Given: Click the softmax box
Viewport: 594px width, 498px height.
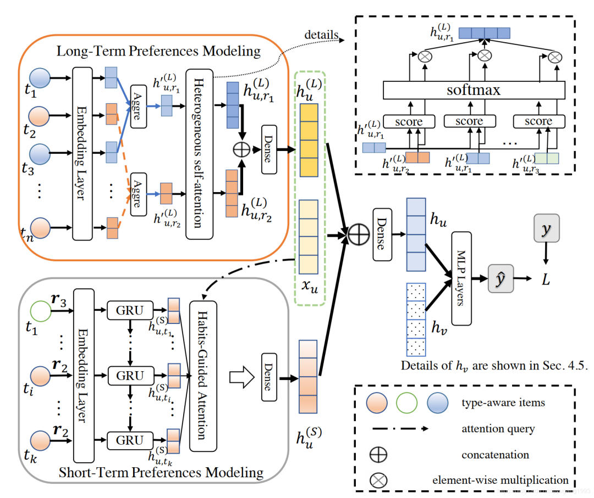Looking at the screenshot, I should (474, 89).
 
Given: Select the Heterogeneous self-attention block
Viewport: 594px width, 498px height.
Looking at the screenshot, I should (199, 154).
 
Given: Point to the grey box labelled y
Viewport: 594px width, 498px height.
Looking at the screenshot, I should (546, 227).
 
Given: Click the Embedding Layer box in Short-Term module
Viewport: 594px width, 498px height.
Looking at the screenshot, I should (82, 375).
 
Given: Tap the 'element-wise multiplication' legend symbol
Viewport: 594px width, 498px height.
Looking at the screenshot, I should (380, 480).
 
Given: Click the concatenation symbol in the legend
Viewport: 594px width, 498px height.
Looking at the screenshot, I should (380, 455).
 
